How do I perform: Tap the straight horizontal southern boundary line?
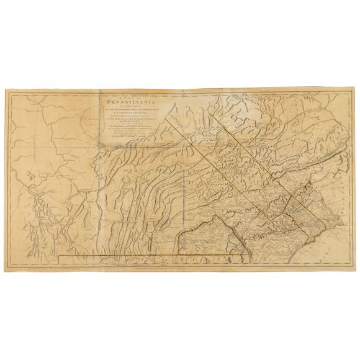pyautogui.click(x=155, y=254)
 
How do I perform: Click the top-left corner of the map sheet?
pyautogui.click(x=5, y=89)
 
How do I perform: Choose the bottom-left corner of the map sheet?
pyautogui.click(x=6, y=271)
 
